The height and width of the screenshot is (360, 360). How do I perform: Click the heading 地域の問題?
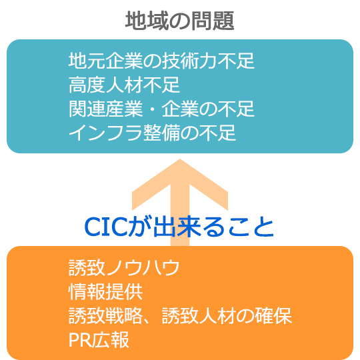pos(180,21)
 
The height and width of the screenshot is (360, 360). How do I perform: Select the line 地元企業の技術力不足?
pos(161,61)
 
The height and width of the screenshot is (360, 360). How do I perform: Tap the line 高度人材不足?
pos(124,85)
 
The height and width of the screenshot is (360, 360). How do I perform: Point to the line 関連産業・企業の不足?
pos(161,109)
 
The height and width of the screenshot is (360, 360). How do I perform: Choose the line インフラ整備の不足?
pos(152,133)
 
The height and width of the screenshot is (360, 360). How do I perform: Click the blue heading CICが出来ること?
pos(179,227)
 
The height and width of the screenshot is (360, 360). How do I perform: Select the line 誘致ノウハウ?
pos(124,267)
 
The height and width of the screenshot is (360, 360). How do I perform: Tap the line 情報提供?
pos(105,291)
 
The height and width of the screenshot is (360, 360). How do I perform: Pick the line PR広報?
pos(99,339)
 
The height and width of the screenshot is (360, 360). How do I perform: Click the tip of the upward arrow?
pos(180,159)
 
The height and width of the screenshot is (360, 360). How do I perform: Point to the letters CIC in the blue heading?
pos(106,227)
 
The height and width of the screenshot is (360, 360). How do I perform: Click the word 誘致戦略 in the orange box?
pos(105,315)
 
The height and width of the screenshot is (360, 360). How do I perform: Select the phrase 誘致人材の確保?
pos(227,315)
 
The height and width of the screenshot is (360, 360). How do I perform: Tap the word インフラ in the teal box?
pos(105,133)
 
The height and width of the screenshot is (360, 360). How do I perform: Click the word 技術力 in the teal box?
pos(189,61)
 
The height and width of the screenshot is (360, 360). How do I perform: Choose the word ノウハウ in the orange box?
pos(143,267)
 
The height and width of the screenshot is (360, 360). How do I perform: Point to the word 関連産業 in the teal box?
pos(105,109)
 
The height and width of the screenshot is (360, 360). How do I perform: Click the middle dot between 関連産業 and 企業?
pos(152,109)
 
